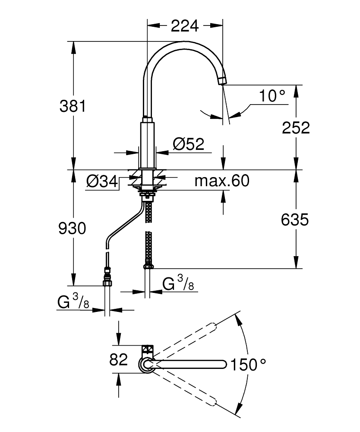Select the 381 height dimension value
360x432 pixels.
[73, 106]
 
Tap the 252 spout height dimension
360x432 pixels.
[296, 127]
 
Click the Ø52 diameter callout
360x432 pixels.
[188, 144]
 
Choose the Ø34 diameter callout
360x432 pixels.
[102, 182]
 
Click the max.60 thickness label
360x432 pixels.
[222, 181]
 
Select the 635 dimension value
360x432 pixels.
[295, 220]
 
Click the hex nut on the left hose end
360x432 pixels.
[107, 283]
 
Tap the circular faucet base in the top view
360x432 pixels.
[146, 365]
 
